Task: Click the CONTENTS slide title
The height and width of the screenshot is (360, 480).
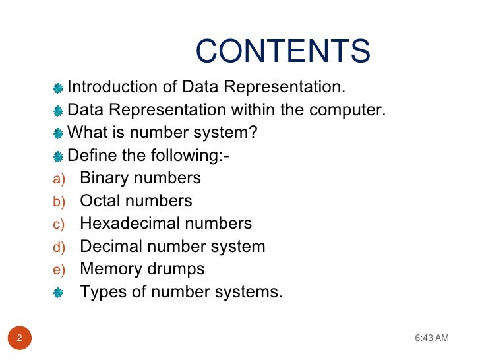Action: pyautogui.click(x=283, y=52)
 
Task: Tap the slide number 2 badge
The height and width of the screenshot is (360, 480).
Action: pyautogui.click(x=20, y=338)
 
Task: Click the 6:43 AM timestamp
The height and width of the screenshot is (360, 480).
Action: pyautogui.click(x=432, y=338)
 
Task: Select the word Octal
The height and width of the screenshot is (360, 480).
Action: pyautogui.click(x=100, y=201)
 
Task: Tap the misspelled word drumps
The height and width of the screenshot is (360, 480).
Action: pyautogui.click(x=177, y=269)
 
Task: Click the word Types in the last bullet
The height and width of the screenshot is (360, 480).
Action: pyautogui.click(x=101, y=291)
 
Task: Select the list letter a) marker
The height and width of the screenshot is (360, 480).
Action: pyautogui.click(x=59, y=179)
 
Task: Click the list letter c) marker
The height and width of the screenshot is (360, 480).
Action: pyautogui.click(x=59, y=225)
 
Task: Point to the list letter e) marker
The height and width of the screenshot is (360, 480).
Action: pyautogui.click(x=59, y=270)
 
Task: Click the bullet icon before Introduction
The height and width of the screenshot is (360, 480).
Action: pyautogui.click(x=59, y=88)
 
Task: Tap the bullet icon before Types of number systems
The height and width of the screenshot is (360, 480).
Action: pyautogui.click(x=59, y=292)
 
